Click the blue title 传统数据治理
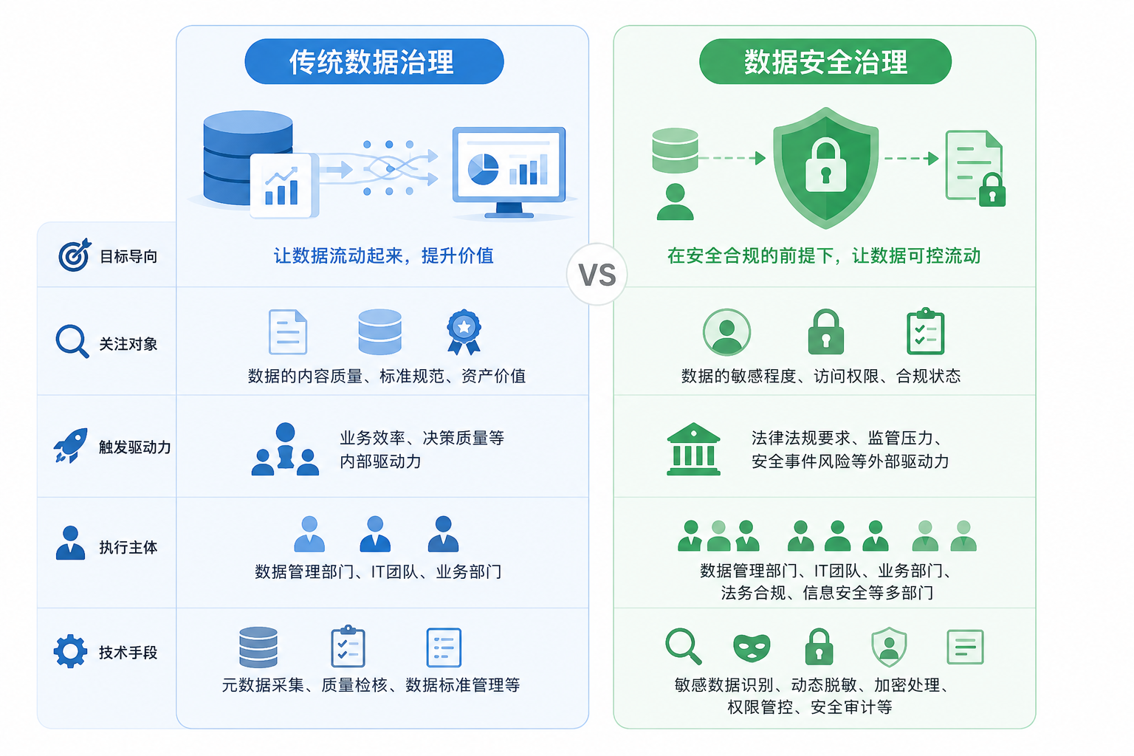pyautogui.click(x=371, y=62)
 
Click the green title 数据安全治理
pyautogui.click(x=825, y=62)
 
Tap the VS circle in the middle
pyautogui.click(x=597, y=275)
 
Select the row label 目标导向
pyautogui.click(x=128, y=256)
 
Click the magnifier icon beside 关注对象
pyautogui.click(x=72, y=341)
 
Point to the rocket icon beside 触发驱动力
pyautogui.click(x=71, y=445)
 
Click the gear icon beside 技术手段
pyautogui.click(x=70, y=651)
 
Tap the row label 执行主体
pyautogui.click(x=128, y=547)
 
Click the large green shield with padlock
pyautogui.click(x=825, y=168)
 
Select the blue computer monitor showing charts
pyautogui.click(x=509, y=172)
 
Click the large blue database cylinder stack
pyautogui.click(x=248, y=158)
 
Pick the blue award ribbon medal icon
pyautogui.click(x=464, y=332)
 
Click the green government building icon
pyautogui.click(x=693, y=449)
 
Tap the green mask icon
pyautogui.click(x=752, y=647)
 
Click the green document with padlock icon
pyautogui.click(x=975, y=168)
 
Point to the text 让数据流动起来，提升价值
pyautogui.click(x=384, y=255)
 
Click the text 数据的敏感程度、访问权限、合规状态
pyautogui.click(x=821, y=377)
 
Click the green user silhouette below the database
pyautogui.click(x=675, y=202)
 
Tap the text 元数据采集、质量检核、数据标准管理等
pyautogui.click(x=371, y=685)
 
